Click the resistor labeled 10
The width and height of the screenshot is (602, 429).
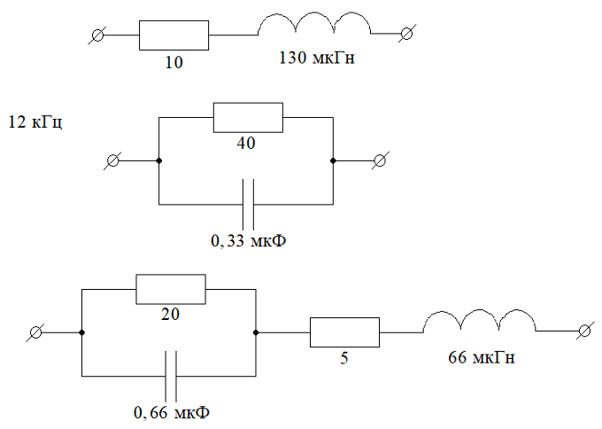point(174,35)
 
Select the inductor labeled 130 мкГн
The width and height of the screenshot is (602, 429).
point(315,27)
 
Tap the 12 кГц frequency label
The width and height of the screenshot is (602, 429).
point(35,121)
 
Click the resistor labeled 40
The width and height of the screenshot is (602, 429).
point(248,116)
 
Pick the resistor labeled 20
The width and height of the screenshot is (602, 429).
point(170,289)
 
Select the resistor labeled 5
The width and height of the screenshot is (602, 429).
point(344,332)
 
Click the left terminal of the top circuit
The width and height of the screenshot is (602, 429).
point(99,35)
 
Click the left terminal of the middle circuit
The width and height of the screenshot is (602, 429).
point(113,160)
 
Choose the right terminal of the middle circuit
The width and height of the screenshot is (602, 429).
point(380,160)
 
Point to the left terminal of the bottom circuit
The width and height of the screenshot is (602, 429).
point(36,332)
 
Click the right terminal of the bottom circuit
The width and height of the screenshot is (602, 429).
point(584,331)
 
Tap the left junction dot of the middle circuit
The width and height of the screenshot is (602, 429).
point(158,160)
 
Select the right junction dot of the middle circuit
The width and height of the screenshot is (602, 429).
point(333,160)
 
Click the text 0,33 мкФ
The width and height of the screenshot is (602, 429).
point(248,240)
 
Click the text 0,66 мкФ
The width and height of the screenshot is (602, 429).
point(172,413)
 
